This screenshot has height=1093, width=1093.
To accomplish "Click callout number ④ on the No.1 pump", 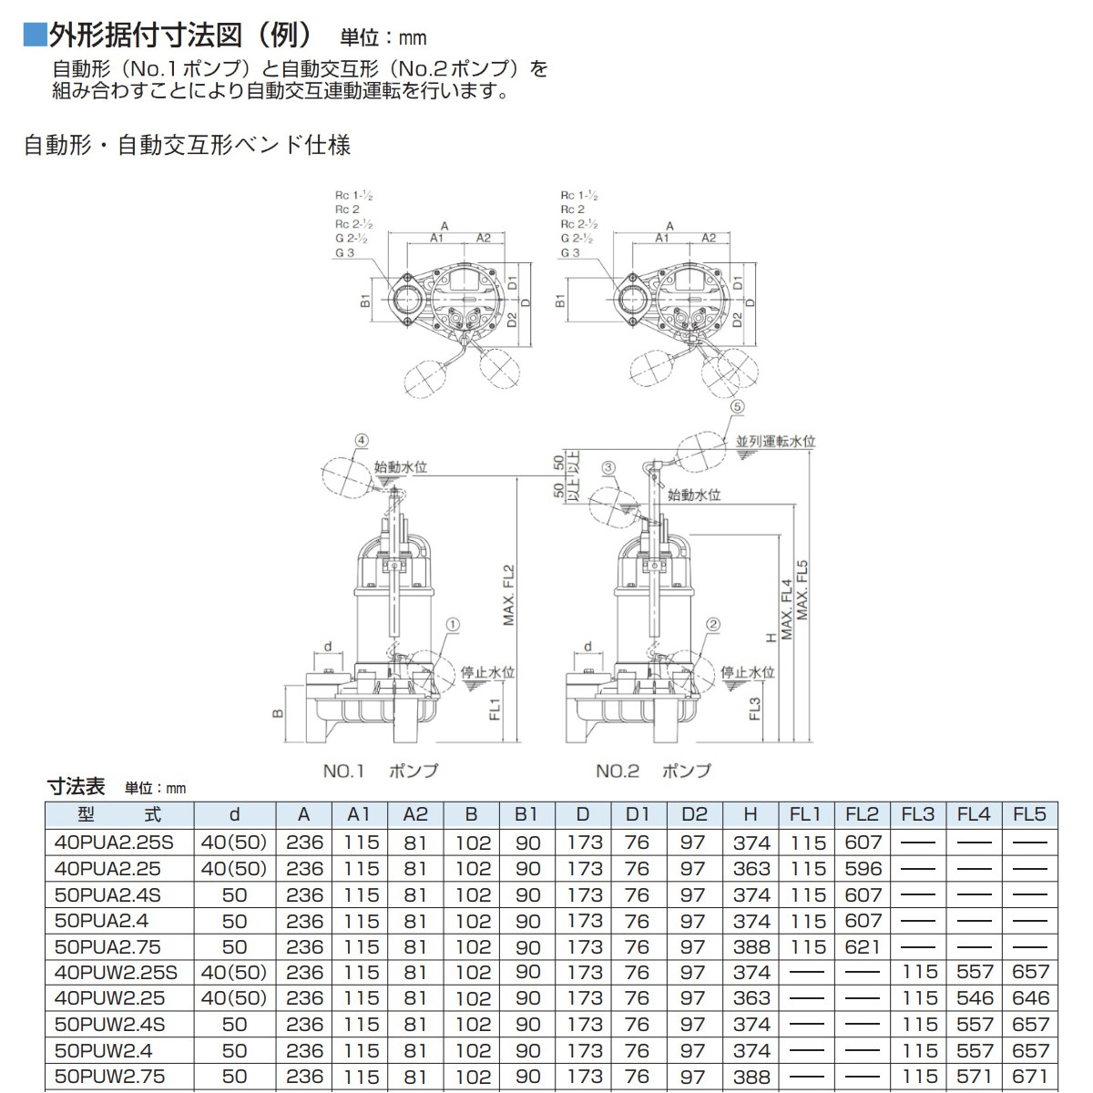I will [362, 441].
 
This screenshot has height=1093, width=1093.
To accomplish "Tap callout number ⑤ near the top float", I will [737, 407].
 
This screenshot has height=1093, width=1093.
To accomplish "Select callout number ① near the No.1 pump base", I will [453, 626].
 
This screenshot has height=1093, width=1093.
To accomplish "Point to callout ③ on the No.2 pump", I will [608, 468].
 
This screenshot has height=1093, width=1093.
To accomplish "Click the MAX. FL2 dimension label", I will [509, 596].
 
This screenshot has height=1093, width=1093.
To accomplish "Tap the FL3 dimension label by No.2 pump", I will [755, 709].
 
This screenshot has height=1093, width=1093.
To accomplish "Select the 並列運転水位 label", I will [775, 442].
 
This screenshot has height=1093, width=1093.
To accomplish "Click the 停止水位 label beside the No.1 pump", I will [487, 672].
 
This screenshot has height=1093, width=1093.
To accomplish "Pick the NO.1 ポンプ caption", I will [380, 771].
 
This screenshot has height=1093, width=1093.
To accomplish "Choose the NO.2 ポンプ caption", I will [653, 771].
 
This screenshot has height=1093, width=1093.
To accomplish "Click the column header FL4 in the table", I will [974, 814].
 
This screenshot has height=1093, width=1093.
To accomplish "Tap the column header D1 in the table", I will [637, 814].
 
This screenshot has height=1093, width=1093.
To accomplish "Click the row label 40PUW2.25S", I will [116, 973].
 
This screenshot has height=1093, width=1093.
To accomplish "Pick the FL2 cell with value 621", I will [863, 947].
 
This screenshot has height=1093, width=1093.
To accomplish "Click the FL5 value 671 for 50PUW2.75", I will [1030, 1077].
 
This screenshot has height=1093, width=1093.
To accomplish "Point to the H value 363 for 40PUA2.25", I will [751, 869].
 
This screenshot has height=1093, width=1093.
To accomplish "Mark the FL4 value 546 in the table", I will [974, 998].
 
